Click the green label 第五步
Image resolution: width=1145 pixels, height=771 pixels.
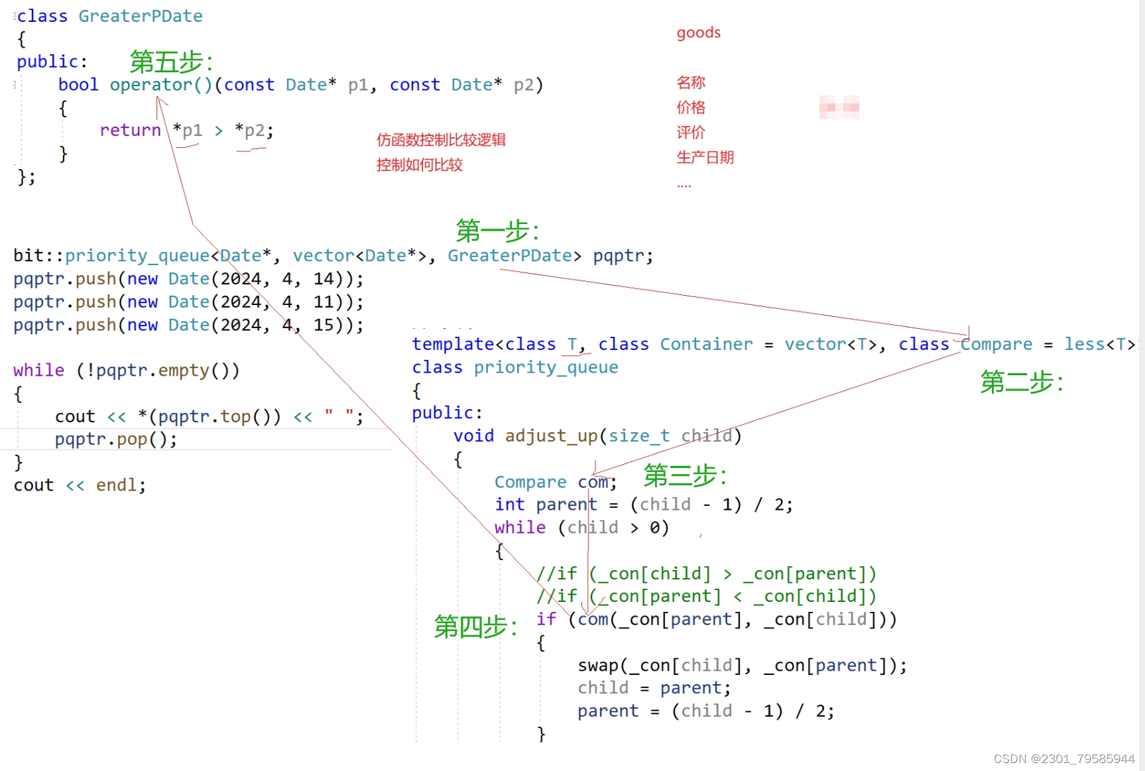(x=171, y=62)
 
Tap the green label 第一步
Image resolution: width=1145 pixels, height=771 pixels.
(x=497, y=231)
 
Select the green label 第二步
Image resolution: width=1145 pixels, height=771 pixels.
(x=1022, y=382)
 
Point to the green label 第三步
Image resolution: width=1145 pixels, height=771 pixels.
(x=685, y=475)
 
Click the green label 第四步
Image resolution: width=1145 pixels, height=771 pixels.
(x=475, y=626)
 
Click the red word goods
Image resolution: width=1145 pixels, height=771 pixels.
(x=698, y=32)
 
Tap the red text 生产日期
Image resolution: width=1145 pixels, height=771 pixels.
(x=705, y=157)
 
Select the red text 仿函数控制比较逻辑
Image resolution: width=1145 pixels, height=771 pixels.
(x=441, y=140)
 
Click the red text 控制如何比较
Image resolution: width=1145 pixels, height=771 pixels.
(x=419, y=165)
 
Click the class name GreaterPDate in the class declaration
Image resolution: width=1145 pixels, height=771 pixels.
(x=141, y=16)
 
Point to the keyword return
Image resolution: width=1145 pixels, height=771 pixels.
(x=130, y=130)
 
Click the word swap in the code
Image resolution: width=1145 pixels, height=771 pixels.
(x=598, y=665)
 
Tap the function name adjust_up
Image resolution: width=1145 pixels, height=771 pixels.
(x=552, y=436)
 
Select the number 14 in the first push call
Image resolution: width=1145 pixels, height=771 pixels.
(x=324, y=278)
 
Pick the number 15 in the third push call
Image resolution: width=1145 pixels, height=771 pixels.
(x=324, y=325)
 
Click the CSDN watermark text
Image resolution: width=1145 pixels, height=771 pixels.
(x=1063, y=758)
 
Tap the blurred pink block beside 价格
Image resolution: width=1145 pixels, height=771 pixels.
(x=839, y=107)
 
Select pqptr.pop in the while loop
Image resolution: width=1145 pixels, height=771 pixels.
(x=115, y=439)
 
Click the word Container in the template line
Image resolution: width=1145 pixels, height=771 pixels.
(x=706, y=344)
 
